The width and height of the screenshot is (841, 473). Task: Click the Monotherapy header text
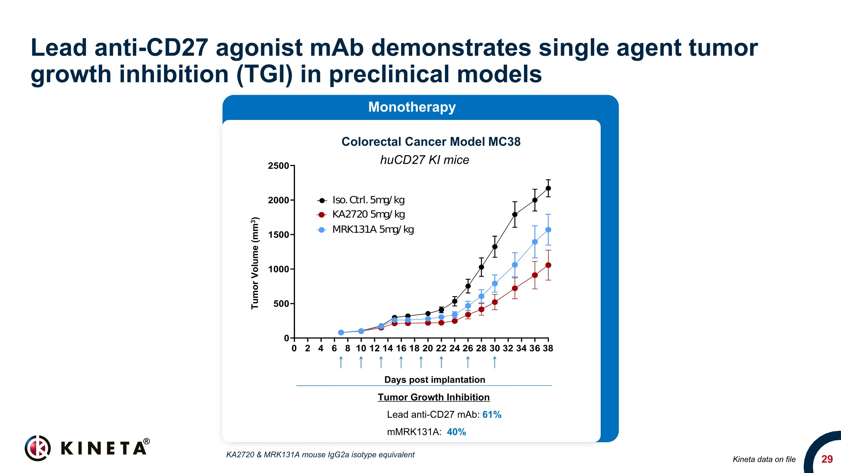coord(412,107)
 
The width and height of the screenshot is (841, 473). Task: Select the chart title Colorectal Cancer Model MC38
coord(431,142)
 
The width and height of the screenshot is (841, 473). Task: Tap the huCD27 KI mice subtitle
coord(424,160)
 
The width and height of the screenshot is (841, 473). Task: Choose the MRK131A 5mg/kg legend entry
coord(373,229)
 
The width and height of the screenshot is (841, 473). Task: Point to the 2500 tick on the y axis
coord(278,166)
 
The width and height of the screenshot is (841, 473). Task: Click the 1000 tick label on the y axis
coord(278,269)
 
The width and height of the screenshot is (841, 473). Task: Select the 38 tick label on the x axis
coord(548,348)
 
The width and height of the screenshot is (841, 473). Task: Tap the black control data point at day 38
coord(548,188)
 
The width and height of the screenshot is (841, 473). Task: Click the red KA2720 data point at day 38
coord(548,265)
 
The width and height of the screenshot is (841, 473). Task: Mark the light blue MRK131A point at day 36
coord(535,242)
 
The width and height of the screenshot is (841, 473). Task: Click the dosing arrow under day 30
coord(495,362)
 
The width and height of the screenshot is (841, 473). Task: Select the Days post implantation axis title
coord(435,380)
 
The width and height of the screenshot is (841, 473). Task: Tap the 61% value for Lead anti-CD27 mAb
coord(492,415)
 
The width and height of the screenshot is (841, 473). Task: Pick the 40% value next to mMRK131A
coord(456,432)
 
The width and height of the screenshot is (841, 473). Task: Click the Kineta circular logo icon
coord(38,448)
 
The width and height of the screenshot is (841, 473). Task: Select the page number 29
coord(827,459)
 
